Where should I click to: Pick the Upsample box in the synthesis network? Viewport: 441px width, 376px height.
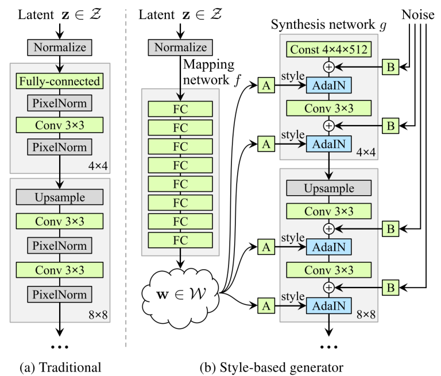pyautogui.click(x=328, y=188)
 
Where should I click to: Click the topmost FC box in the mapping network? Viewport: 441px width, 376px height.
pyautogui.click(x=181, y=109)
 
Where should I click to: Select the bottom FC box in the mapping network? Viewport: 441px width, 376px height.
pyautogui.click(x=181, y=239)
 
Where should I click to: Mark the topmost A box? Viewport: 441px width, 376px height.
pyautogui.click(x=266, y=86)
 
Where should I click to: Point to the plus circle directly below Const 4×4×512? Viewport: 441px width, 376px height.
pyautogui.click(x=328, y=67)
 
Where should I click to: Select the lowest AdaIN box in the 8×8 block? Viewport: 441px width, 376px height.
pyautogui.click(x=328, y=305)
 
